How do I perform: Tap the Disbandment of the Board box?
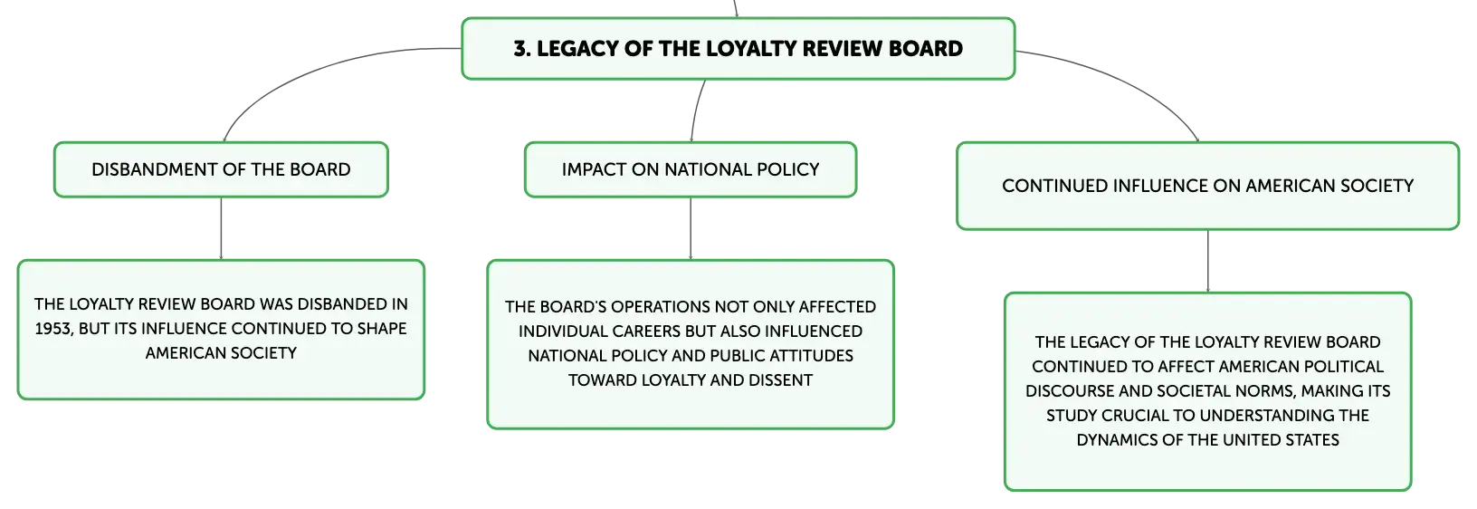(x=221, y=169)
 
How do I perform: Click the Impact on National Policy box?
(x=691, y=169)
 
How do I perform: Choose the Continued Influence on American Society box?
(x=1207, y=186)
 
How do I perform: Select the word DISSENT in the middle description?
(x=781, y=380)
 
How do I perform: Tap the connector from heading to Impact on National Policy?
(x=696, y=110)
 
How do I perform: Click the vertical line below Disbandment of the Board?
(x=221, y=228)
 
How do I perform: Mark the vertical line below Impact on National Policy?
(x=691, y=228)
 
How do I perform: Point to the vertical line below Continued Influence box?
(x=1208, y=262)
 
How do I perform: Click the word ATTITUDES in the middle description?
(x=812, y=356)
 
